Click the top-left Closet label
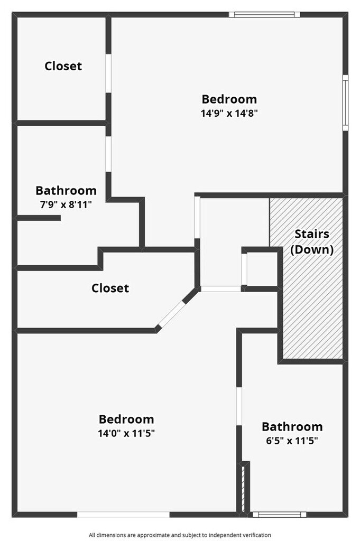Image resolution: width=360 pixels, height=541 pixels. [63, 66]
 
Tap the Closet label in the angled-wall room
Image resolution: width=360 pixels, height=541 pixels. [110, 288]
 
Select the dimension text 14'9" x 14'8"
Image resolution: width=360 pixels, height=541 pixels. [229, 113]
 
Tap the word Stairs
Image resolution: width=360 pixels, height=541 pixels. [311, 234]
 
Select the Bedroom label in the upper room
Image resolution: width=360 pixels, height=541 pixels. [229, 99]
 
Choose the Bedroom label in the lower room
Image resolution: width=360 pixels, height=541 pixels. [126, 419]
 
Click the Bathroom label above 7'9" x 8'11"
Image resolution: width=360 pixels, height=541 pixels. [66, 190]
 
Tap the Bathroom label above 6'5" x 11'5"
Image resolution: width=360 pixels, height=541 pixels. [292, 426]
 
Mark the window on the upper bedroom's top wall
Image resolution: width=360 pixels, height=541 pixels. [264, 14]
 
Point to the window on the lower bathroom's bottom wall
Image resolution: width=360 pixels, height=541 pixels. [279, 514]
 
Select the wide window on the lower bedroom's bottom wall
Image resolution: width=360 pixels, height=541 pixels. [123, 514]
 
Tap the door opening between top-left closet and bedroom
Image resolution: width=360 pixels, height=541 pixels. [108, 73]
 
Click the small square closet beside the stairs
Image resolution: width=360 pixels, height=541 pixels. [260, 268]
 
